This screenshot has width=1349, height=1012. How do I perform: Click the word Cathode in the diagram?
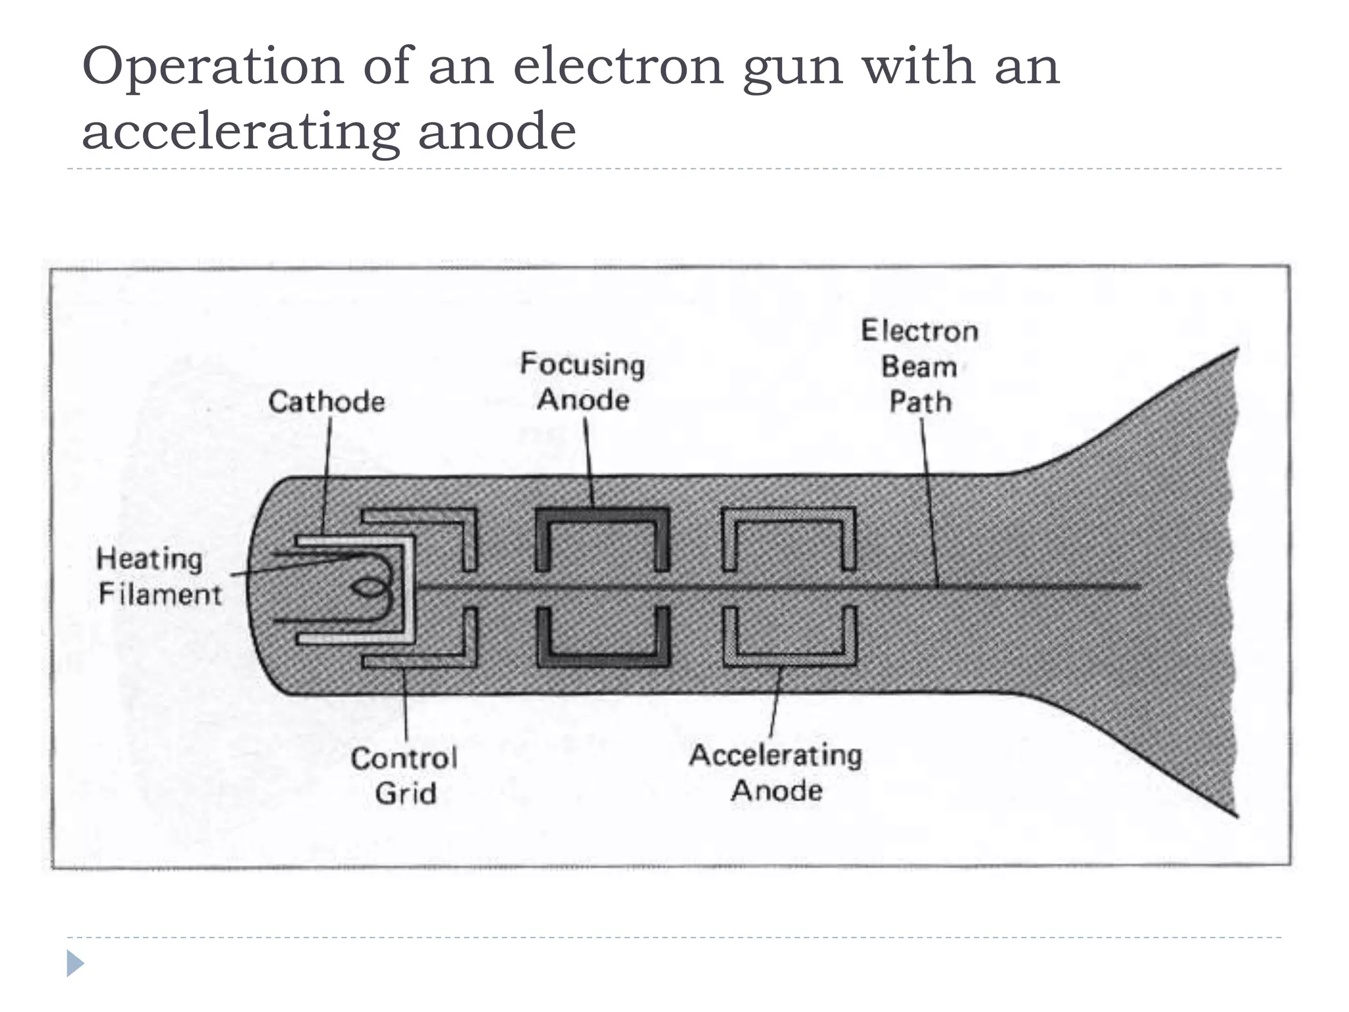(x=326, y=401)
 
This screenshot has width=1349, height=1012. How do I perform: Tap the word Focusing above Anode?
(x=582, y=364)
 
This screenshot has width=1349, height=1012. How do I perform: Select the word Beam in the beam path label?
(x=919, y=366)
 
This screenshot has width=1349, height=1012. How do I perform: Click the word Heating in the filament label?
(x=150, y=559)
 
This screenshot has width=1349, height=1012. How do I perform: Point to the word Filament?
(x=160, y=594)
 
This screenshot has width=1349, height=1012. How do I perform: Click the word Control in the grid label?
(x=404, y=758)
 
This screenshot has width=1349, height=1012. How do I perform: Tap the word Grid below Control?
(x=406, y=793)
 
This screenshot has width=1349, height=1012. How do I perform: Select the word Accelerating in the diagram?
(x=775, y=755)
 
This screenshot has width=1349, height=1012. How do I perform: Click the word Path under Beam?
(x=920, y=401)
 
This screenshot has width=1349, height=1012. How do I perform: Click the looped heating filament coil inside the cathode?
(x=372, y=588)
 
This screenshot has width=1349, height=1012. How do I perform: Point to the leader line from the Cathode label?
(x=327, y=474)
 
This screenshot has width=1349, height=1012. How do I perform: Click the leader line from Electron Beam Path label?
(x=929, y=501)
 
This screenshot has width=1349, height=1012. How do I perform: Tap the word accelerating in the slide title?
(x=240, y=130)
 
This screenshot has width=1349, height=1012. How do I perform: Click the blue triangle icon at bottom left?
(x=74, y=964)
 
